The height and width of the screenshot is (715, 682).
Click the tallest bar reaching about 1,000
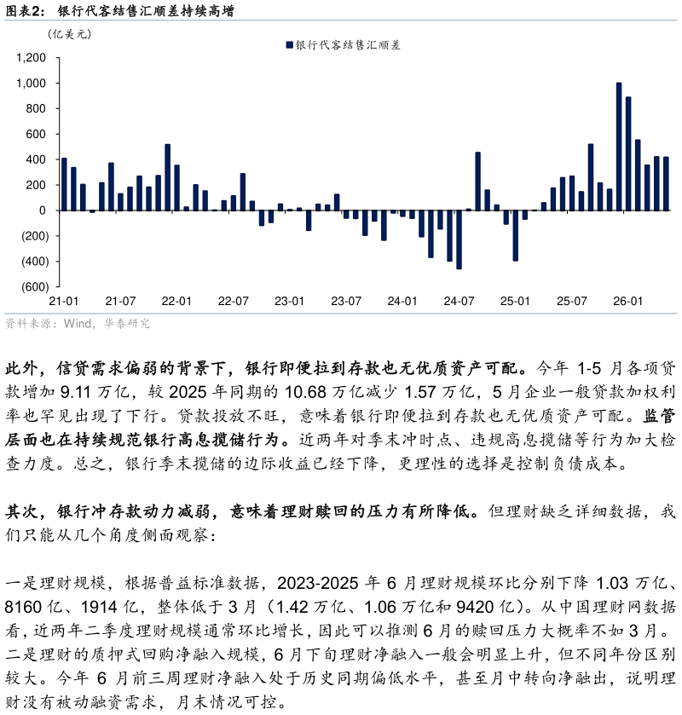tap(619, 147)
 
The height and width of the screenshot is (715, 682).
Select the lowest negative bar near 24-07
tap(459, 239)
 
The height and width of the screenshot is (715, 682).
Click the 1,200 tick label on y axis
tap(31, 58)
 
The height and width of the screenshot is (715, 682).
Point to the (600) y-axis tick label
tap(35, 287)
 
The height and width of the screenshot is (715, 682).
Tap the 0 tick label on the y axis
tap(43, 210)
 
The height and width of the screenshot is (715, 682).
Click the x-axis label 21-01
tap(63, 301)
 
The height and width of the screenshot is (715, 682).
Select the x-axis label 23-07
tap(346, 301)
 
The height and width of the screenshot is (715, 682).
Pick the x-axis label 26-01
tap(627, 301)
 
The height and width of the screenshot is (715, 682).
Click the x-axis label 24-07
tap(459, 301)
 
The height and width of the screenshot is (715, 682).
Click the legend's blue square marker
tap(289, 44)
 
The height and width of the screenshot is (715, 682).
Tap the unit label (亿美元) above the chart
tap(69, 34)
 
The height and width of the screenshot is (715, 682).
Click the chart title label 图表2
tap(23, 10)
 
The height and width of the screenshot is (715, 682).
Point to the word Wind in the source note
tap(78, 323)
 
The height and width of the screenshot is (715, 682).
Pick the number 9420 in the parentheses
tap(476, 607)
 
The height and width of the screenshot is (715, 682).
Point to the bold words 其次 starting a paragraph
tap(21, 511)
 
